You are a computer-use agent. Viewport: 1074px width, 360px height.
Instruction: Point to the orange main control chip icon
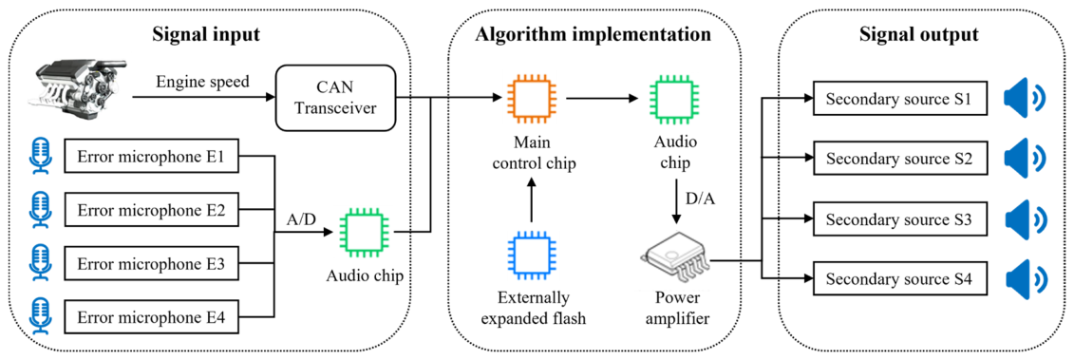[530, 98]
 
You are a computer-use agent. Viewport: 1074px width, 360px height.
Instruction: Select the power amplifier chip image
[675, 261]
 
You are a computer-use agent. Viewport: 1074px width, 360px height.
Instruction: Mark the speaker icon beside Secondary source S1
[1026, 100]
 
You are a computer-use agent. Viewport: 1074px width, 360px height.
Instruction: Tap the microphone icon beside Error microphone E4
[38, 317]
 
